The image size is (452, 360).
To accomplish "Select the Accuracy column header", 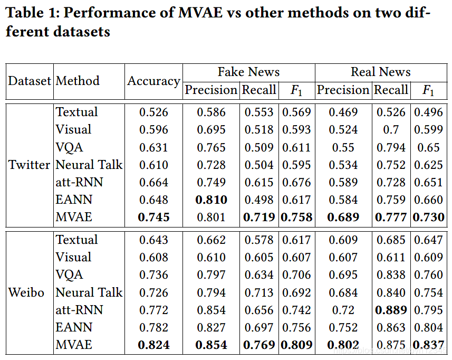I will [x=153, y=81].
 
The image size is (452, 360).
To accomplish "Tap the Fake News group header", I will [x=248, y=72].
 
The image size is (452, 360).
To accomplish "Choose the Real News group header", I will [x=380, y=72].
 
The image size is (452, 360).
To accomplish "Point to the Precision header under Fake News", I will [x=211, y=90].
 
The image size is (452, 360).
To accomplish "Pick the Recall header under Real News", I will [x=391, y=90].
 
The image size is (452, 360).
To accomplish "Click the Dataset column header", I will [x=30, y=81].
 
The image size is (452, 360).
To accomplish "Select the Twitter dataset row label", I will [x=30, y=165].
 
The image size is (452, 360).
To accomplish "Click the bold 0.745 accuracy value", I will [x=153, y=217].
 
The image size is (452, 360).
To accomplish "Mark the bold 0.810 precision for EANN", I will [x=211, y=200].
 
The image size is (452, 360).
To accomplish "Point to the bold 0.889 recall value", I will [x=391, y=310].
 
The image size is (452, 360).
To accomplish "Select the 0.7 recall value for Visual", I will [x=391, y=129].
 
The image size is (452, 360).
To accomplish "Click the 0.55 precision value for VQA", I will [x=343, y=147].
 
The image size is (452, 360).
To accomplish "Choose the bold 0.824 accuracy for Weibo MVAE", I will [x=153, y=345].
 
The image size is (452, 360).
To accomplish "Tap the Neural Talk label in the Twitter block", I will [x=89, y=165].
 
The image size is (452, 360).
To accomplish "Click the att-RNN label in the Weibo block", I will [x=79, y=310].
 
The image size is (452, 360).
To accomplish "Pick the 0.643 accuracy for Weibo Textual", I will [x=153, y=240].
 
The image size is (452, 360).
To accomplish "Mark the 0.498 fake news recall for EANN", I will [x=259, y=200].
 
